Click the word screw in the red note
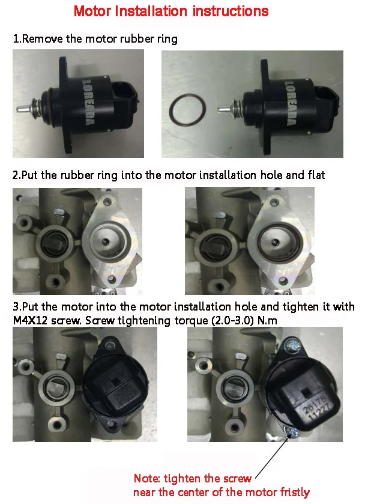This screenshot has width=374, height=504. [235, 478]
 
